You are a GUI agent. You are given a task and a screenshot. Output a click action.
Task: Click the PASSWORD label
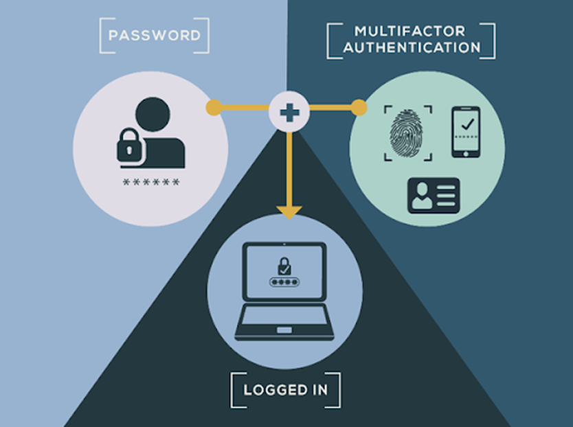[x=155, y=36]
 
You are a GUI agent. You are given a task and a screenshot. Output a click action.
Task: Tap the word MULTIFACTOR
[x=410, y=31]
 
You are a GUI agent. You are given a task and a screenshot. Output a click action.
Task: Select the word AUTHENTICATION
[x=412, y=47]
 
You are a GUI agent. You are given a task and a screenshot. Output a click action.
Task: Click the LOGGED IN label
[x=285, y=390]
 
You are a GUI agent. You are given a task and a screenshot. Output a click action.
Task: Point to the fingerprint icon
[x=406, y=133]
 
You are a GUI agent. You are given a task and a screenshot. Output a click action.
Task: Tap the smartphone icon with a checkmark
[x=466, y=132]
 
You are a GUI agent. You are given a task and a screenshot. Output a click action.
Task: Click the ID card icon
[x=434, y=196]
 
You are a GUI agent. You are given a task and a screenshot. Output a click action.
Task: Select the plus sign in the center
[x=289, y=112]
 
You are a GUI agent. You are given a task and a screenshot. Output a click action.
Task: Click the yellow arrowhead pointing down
[x=289, y=212]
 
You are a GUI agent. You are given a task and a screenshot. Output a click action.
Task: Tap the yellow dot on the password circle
[x=214, y=108]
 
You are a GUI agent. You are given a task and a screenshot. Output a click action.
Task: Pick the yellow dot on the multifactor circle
[x=359, y=108]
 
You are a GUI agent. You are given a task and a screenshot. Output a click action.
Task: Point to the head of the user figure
[x=153, y=115]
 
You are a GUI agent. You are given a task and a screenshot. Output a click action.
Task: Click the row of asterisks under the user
[x=151, y=182]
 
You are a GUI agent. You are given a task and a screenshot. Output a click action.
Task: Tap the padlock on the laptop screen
[x=284, y=266]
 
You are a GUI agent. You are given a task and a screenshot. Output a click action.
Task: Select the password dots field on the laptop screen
[x=284, y=282]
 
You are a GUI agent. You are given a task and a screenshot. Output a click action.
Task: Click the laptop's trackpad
[x=284, y=330]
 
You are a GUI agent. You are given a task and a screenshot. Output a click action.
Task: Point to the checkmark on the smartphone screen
[x=467, y=124]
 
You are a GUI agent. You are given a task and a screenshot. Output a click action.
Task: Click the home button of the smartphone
[x=466, y=154]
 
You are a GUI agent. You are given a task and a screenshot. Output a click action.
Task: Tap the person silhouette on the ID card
[x=421, y=196]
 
